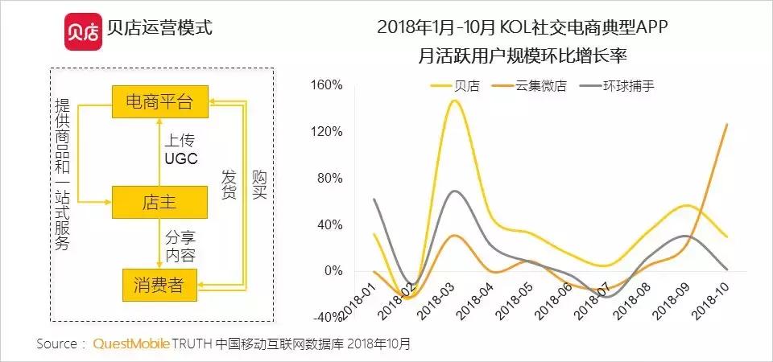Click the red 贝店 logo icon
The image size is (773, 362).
point(82,29)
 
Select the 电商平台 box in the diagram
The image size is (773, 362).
point(159,102)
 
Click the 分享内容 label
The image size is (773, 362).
point(180,246)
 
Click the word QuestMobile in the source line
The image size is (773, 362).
point(131,343)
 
